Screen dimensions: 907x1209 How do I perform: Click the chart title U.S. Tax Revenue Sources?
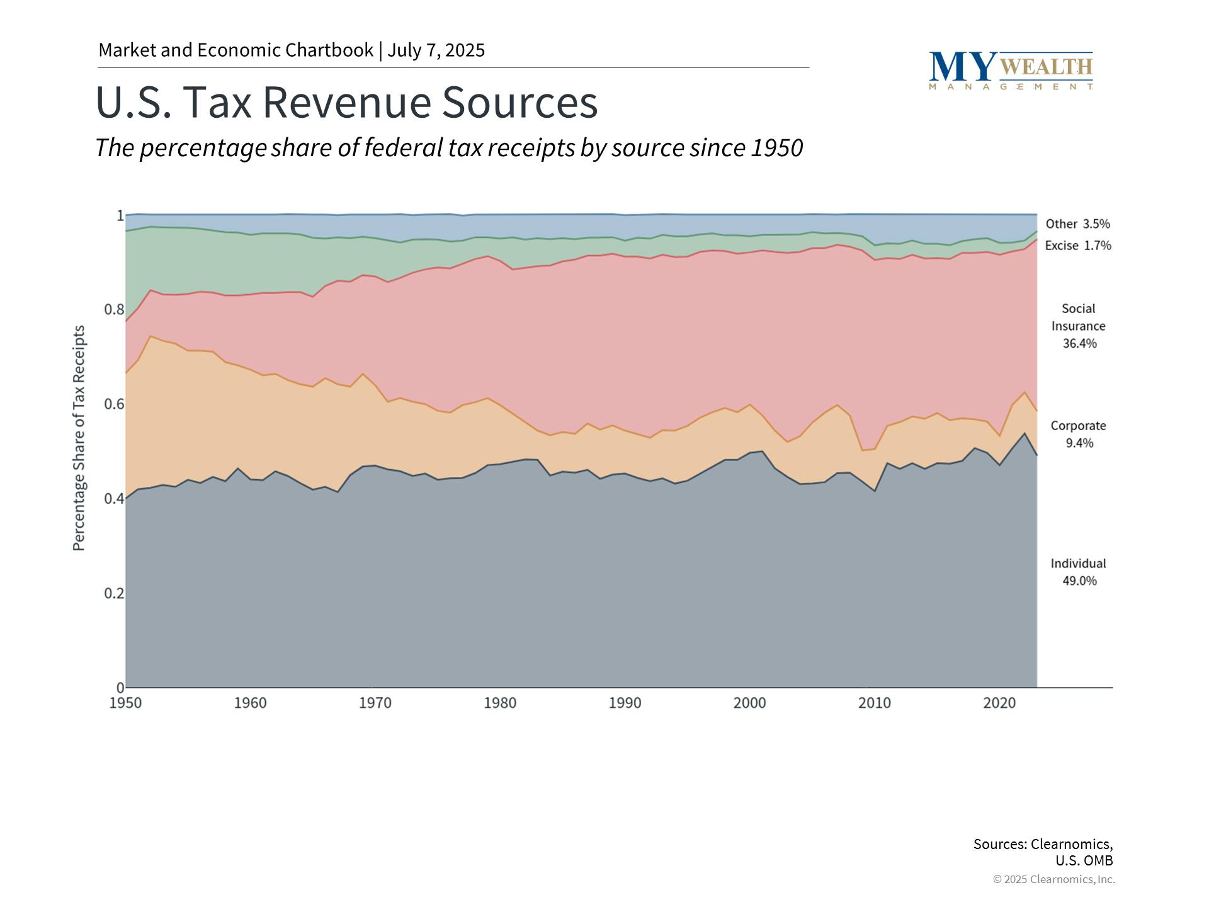tap(346, 102)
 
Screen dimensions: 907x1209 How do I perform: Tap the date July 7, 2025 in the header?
tap(436, 50)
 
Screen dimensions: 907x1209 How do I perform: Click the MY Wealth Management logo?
tap(1011, 71)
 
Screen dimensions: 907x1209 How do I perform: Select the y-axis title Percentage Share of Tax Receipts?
tap(79, 438)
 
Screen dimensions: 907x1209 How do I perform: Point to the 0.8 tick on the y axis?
tap(114, 310)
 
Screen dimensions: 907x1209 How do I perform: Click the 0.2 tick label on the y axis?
tap(114, 593)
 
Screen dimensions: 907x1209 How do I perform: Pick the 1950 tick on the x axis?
tap(125, 703)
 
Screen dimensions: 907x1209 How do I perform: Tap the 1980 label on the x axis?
tap(500, 703)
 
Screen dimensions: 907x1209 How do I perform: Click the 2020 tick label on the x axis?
tap(999, 703)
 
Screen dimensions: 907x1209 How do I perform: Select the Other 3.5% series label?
tap(1077, 224)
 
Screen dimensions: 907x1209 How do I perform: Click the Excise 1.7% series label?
tap(1077, 246)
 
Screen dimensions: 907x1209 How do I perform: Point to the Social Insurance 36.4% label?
tap(1079, 326)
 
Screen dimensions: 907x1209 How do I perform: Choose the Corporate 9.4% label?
tap(1079, 435)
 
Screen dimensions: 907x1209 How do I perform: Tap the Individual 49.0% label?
tap(1079, 572)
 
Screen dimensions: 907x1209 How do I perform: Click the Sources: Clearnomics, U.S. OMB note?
tap(1043, 852)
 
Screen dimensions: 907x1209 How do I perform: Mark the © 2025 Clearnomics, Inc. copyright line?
tap(1053, 879)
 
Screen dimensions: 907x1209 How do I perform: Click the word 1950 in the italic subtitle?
tap(778, 149)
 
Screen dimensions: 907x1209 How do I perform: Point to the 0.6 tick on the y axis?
tap(114, 404)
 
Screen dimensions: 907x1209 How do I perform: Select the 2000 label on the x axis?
tap(749, 703)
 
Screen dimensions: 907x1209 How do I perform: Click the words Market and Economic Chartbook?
tap(236, 50)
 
